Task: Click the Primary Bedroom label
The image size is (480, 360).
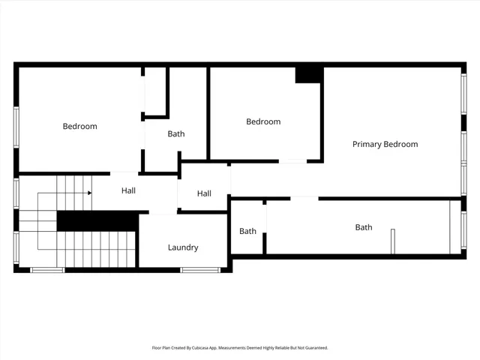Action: [385, 144]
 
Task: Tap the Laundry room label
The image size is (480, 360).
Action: [183, 247]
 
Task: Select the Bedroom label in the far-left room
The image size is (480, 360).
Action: [79, 126]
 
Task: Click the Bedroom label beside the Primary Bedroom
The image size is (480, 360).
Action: [263, 121]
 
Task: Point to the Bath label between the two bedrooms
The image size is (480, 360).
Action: [176, 134]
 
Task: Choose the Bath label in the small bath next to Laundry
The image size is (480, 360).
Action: [247, 231]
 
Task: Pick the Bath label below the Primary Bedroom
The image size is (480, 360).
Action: [363, 227]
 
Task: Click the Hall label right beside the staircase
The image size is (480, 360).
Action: [128, 191]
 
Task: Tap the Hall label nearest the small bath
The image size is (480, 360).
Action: [204, 193]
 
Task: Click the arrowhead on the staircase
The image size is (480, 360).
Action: [89, 193]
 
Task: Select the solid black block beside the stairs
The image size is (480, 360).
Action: [97, 221]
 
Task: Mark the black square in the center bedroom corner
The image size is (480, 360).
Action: [309, 74]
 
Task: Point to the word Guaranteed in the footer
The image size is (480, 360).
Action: [313, 348]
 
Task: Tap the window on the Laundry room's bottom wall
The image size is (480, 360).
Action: [200, 269]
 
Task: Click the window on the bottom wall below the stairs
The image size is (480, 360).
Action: [47, 269]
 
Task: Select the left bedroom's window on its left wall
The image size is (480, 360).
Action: [16, 127]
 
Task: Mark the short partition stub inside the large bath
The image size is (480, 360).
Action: [392, 241]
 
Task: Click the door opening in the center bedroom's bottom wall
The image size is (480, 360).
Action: [292, 160]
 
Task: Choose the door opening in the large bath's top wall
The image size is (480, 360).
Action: [304, 198]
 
